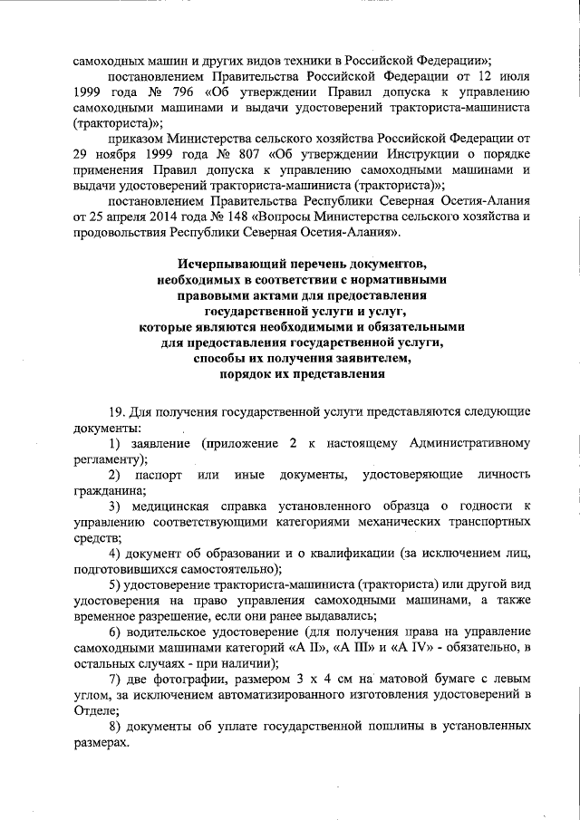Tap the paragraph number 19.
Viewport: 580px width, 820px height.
point(115,411)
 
